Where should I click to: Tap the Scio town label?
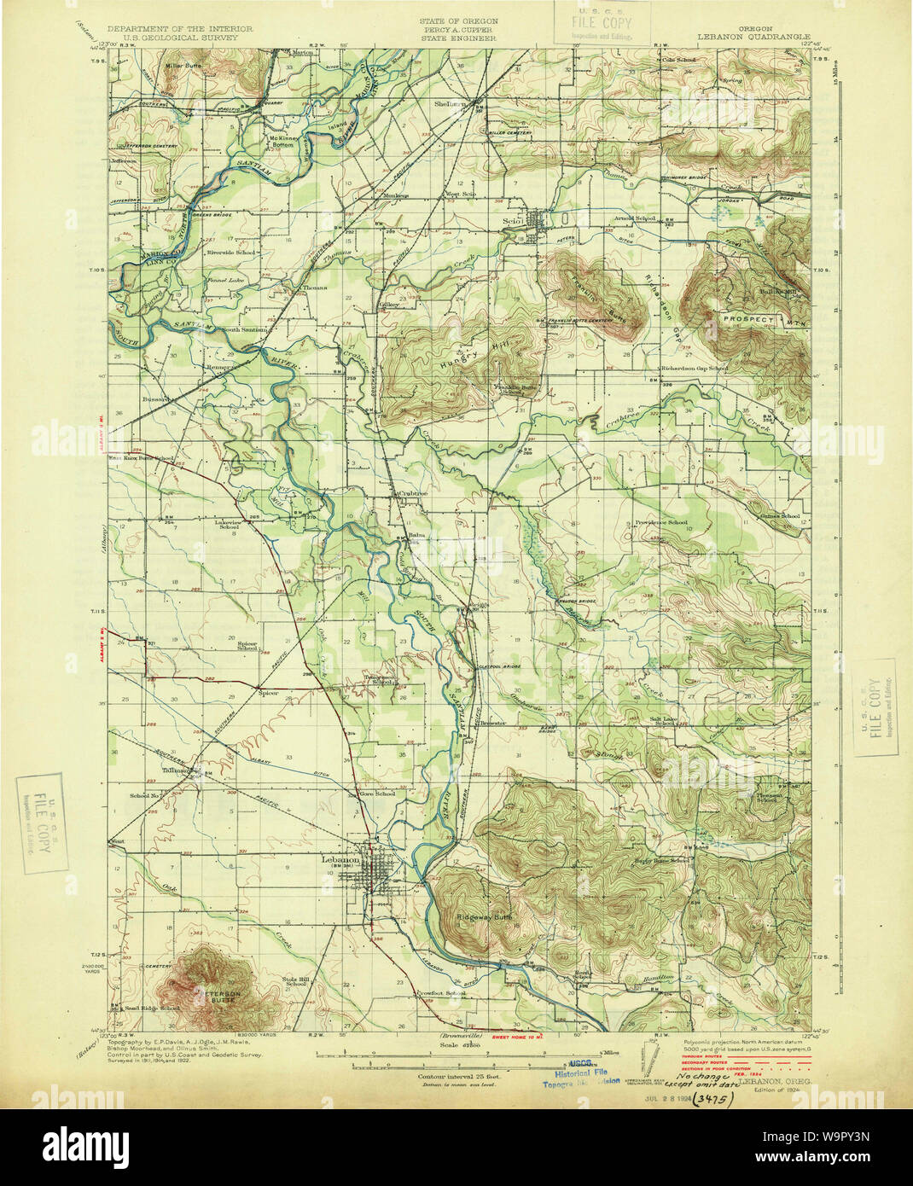(510, 219)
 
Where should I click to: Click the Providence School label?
(660, 522)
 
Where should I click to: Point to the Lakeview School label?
(229, 523)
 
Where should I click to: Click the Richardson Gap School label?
(694, 369)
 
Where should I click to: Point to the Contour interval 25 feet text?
(452, 1077)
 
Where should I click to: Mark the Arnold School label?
(635, 218)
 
